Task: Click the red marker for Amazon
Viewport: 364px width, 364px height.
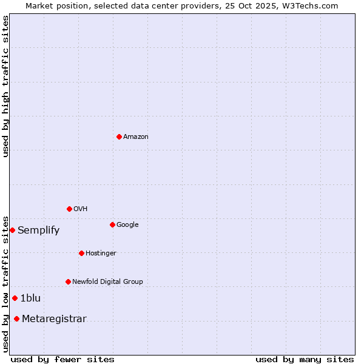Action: (x=119, y=136)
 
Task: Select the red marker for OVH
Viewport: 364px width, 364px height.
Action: (x=69, y=209)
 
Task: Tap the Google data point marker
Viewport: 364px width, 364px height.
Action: (x=112, y=224)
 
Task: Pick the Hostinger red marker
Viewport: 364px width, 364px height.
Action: (x=81, y=253)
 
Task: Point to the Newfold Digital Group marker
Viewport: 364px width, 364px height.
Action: (x=68, y=281)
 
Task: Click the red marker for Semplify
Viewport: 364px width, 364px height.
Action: (x=12, y=230)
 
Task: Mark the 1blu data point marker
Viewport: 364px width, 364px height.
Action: (x=15, y=298)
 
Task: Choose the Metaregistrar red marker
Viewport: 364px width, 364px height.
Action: (x=16, y=319)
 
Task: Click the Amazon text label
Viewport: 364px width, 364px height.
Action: (x=136, y=137)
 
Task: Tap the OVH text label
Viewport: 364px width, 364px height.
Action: (x=81, y=209)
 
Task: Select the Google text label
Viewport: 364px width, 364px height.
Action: (x=127, y=225)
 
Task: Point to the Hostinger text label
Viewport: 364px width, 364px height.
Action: (x=101, y=254)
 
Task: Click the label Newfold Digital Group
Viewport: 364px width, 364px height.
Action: (x=107, y=282)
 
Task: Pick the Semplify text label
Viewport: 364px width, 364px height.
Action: (x=38, y=231)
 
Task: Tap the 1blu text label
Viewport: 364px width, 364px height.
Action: (x=30, y=298)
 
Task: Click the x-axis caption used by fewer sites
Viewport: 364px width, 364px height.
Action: (x=62, y=360)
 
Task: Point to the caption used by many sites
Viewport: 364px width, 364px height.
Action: (x=305, y=360)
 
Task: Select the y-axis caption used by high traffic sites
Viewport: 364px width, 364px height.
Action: (x=5, y=86)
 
